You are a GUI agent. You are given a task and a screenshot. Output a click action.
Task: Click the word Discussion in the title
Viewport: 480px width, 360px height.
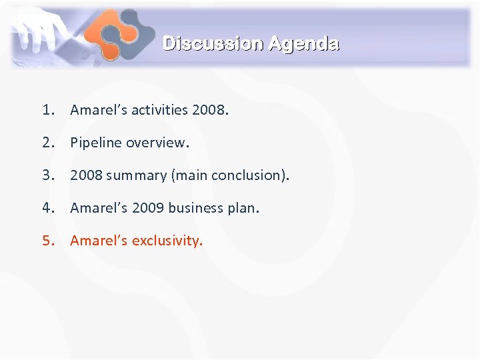(213, 44)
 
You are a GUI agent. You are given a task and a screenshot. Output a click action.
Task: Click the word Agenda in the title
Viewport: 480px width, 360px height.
(303, 44)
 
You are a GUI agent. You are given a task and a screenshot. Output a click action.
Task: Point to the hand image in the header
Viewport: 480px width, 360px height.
(40, 30)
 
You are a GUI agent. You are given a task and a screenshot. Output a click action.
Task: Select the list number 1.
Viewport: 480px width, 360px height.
(47, 110)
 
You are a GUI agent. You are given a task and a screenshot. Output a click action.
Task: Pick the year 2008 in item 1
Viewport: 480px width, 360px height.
(208, 110)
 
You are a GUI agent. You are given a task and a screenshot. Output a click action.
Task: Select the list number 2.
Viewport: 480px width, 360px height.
(47, 143)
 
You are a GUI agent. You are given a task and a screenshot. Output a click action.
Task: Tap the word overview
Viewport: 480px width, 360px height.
(157, 143)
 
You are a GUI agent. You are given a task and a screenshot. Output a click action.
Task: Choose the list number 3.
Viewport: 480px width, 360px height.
(47, 175)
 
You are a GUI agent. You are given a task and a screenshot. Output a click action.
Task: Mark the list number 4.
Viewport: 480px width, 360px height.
(47, 208)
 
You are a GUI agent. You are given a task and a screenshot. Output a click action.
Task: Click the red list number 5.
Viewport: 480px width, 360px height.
(47, 241)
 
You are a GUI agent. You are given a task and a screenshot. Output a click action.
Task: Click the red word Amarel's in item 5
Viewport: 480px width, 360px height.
(99, 241)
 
